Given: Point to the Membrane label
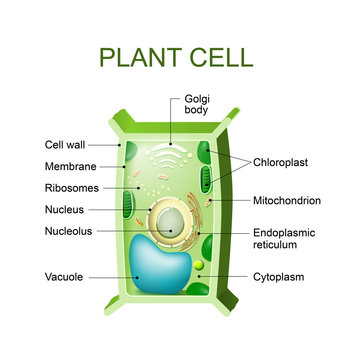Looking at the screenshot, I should (x=69, y=166).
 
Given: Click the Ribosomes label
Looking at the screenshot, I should (x=71, y=187).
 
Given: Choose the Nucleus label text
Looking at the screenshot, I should (x=65, y=209).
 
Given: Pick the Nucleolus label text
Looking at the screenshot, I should (x=68, y=230).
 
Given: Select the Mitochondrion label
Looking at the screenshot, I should (x=286, y=199).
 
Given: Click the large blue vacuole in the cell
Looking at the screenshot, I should (x=163, y=267).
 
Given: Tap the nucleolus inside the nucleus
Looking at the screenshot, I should (x=173, y=222).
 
